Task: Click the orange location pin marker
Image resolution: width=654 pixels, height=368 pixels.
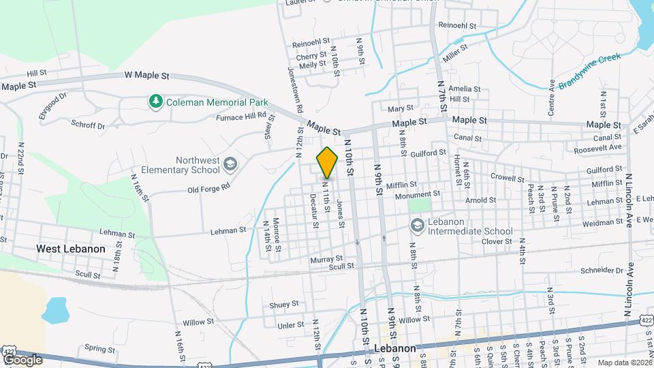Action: click(327, 162)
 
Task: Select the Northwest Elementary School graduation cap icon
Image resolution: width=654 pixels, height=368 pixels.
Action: click(230, 163)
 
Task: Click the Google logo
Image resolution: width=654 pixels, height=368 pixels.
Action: click(22, 359)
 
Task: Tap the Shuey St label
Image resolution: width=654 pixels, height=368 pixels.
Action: click(284, 304)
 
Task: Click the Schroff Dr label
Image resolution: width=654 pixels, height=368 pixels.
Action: click(88, 125)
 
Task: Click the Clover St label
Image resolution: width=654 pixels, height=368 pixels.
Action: click(496, 241)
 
